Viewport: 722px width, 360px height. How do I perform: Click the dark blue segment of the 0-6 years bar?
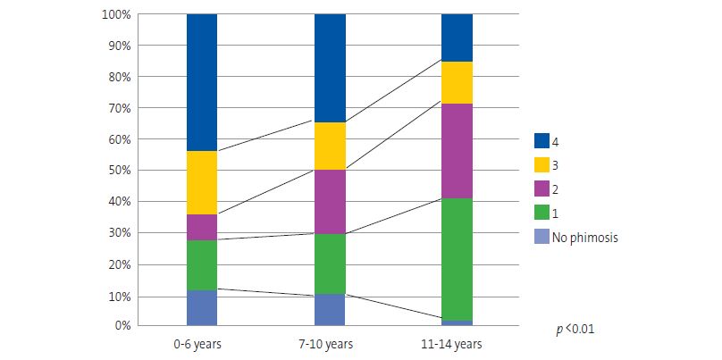click(x=202, y=82)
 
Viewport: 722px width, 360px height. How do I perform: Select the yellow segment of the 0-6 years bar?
click(x=202, y=182)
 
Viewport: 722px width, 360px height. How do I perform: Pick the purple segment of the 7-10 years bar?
click(x=330, y=201)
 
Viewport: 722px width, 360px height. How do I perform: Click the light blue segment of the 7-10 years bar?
click(x=330, y=309)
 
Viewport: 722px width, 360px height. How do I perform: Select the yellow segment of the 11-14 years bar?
click(x=457, y=82)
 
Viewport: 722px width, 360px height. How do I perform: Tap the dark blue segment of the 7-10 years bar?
click(x=330, y=68)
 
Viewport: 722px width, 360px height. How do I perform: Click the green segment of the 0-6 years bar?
click(x=202, y=264)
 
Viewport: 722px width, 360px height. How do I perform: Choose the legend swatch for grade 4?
click(x=541, y=141)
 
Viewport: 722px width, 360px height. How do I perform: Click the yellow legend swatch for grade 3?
click(x=541, y=165)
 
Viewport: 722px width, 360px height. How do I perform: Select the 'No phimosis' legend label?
click(x=585, y=238)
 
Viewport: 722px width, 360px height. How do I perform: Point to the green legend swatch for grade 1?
click(x=541, y=213)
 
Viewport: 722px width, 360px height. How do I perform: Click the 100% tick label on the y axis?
click(x=116, y=15)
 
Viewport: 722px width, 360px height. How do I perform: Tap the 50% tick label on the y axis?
click(x=119, y=171)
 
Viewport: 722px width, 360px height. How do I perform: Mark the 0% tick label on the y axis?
click(x=122, y=326)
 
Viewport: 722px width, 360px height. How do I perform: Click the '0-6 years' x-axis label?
click(x=202, y=344)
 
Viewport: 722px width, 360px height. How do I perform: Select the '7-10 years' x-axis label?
click(x=330, y=344)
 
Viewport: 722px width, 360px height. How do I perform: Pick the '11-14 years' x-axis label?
click(x=457, y=344)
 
